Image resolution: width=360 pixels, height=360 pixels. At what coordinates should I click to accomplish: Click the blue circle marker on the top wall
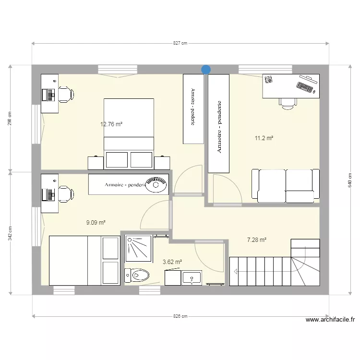[x=206, y=70]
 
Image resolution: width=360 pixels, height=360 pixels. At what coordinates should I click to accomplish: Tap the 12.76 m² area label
[x=111, y=124]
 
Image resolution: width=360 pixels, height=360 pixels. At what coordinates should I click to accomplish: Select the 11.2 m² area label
[x=264, y=138]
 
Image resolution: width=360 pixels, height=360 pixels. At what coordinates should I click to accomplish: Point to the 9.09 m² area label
[x=96, y=222]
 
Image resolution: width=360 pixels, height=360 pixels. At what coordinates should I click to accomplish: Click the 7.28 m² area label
[x=257, y=240]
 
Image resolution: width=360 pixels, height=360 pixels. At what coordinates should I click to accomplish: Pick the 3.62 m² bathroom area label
[x=172, y=262]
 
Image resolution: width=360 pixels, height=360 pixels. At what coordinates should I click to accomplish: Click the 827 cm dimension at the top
[x=180, y=43]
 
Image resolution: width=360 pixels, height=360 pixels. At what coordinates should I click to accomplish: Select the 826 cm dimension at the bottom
[x=180, y=316]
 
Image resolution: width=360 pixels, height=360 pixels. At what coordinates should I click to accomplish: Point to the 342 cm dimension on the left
[x=10, y=233]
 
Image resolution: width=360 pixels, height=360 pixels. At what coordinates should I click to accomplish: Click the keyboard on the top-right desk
[x=304, y=87]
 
